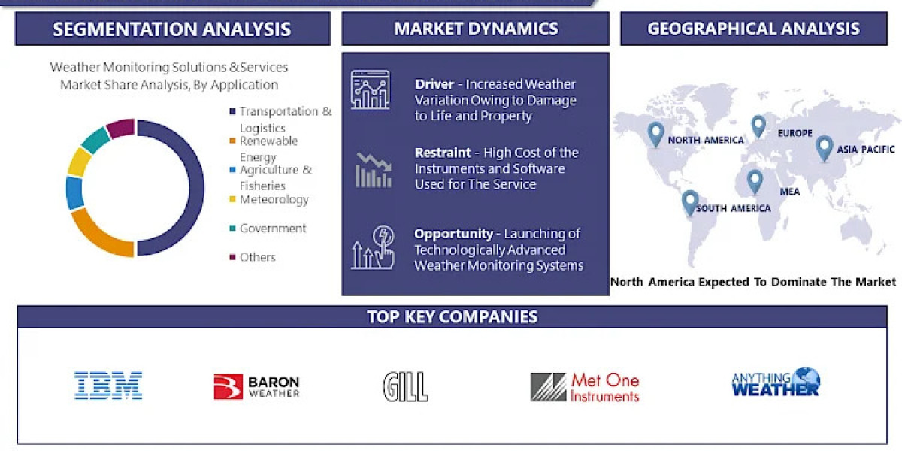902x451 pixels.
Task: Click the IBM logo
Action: (x=108, y=386)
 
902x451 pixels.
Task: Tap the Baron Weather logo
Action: (x=256, y=386)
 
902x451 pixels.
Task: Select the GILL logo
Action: (x=405, y=386)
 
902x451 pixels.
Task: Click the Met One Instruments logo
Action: (x=585, y=386)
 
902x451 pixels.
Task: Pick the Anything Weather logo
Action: (x=776, y=383)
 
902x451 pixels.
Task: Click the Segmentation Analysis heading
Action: (x=172, y=29)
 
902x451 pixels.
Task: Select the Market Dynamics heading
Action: (x=476, y=29)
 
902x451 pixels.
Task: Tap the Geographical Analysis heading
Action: (x=753, y=29)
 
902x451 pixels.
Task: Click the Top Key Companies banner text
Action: (x=452, y=316)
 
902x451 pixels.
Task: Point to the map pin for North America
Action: (x=655, y=133)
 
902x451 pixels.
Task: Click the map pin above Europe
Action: (x=758, y=126)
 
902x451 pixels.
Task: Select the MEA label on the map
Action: (x=789, y=192)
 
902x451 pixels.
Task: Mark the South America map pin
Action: (x=690, y=202)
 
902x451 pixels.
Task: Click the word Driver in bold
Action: (x=434, y=85)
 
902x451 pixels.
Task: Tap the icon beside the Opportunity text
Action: (x=372, y=248)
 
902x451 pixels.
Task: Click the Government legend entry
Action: (x=272, y=229)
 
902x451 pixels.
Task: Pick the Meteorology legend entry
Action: (x=274, y=200)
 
